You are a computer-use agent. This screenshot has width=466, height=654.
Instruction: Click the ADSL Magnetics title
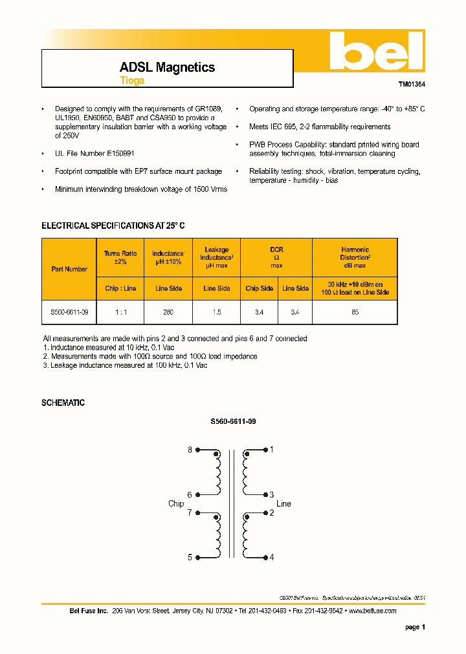click(167, 67)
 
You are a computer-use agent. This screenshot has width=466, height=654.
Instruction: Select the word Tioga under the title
click(132, 81)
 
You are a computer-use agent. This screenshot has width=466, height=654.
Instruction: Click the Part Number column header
click(69, 269)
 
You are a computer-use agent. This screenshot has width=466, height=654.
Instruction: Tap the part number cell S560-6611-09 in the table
click(69, 311)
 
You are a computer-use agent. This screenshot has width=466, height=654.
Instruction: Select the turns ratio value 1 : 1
click(120, 311)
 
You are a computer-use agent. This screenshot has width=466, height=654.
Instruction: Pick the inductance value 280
click(168, 311)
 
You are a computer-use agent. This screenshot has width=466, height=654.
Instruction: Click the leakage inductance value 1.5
click(216, 311)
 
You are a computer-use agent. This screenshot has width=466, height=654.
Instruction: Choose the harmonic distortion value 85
click(355, 311)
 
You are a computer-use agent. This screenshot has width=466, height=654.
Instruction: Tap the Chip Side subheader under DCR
click(259, 288)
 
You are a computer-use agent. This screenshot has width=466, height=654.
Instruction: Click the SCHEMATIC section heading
click(63, 403)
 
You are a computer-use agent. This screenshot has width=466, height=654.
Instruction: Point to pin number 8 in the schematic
click(190, 450)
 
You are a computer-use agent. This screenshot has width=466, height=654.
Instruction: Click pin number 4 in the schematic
click(272, 557)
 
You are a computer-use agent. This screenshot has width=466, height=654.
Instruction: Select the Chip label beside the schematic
click(176, 503)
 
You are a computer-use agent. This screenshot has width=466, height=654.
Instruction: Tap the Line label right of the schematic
click(283, 503)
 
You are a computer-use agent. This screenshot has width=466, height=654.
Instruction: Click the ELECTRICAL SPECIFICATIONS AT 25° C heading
click(113, 226)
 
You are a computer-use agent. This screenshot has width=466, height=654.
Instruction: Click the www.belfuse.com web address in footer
click(372, 611)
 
